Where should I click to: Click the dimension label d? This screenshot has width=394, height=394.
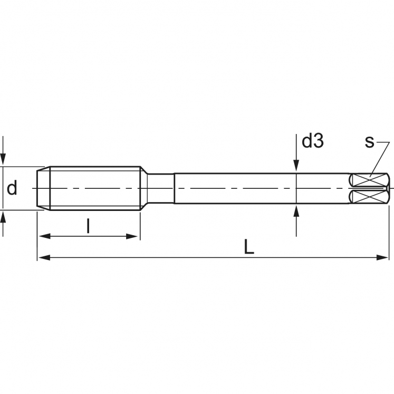12,188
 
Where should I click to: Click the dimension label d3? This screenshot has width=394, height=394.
312,141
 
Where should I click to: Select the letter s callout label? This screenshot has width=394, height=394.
369,141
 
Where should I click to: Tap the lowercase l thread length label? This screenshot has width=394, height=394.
88,227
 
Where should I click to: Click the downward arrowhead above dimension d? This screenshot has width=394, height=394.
4,160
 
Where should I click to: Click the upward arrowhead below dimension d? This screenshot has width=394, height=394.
4,216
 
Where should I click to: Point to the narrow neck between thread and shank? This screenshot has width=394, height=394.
160,188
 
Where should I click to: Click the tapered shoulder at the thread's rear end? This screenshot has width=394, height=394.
143,188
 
